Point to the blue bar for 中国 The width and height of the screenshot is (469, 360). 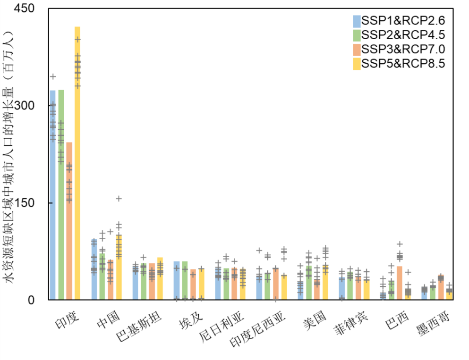point(94,269)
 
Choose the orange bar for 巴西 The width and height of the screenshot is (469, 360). point(400,283)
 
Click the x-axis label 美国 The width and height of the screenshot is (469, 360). point(315,321)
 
